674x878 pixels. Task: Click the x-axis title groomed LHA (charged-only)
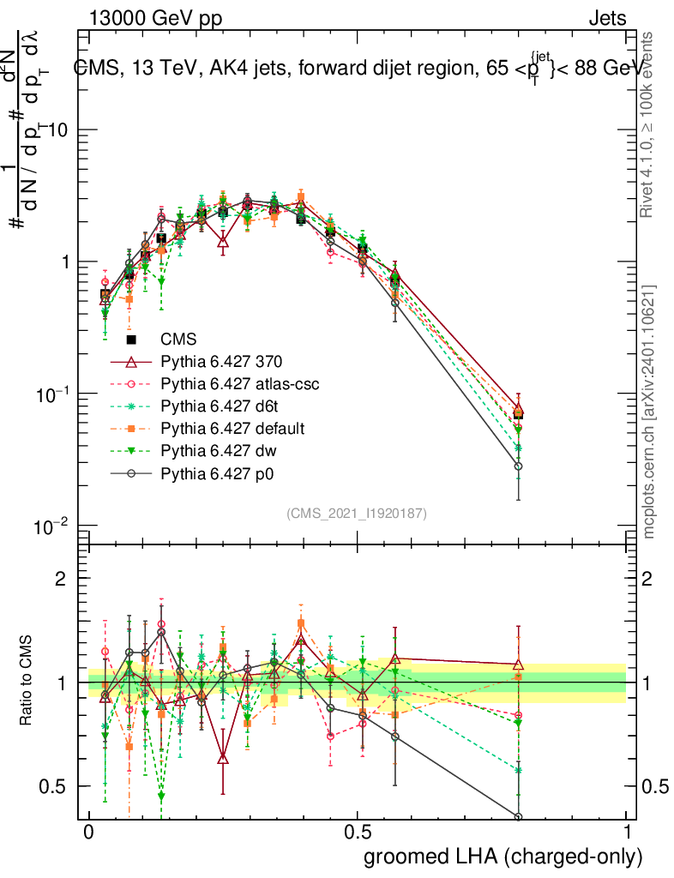pyautogui.click(x=504, y=857)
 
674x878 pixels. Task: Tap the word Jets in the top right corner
pyautogui.click(x=607, y=18)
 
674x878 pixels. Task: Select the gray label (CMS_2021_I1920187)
pyautogui.click(x=357, y=513)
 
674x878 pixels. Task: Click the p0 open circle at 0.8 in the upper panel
pyautogui.click(x=518, y=466)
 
